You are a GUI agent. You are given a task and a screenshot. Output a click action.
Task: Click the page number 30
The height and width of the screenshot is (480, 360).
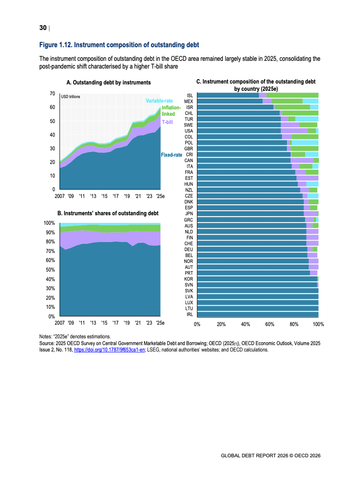[x=43, y=28]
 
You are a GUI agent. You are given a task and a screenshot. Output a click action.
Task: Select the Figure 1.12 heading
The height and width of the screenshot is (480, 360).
[x=119, y=45]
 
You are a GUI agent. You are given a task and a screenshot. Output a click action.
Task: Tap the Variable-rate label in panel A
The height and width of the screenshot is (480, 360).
[x=159, y=100]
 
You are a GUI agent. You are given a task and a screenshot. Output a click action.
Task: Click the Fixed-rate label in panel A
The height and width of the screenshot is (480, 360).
[x=171, y=155]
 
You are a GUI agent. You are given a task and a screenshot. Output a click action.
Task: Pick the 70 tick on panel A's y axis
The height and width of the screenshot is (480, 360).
[x=52, y=94]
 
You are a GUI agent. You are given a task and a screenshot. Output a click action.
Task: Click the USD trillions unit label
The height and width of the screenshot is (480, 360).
[x=70, y=96]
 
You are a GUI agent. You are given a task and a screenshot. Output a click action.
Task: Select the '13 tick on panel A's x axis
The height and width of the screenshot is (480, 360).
[x=93, y=196]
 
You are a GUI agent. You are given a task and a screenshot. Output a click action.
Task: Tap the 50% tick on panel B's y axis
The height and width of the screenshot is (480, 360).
[x=49, y=270]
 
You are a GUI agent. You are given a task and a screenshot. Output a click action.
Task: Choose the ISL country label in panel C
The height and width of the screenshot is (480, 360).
[x=190, y=95]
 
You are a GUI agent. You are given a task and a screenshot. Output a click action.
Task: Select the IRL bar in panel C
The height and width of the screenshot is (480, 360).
[x=258, y=314]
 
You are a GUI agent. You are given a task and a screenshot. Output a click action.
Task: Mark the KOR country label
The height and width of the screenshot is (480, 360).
[x=189, y=278]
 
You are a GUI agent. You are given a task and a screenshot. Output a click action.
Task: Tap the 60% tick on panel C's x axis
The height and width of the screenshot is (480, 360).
[x=270, y=325]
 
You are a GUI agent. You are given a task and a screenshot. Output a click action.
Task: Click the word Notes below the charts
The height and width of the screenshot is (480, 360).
[x=46, y=337]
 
